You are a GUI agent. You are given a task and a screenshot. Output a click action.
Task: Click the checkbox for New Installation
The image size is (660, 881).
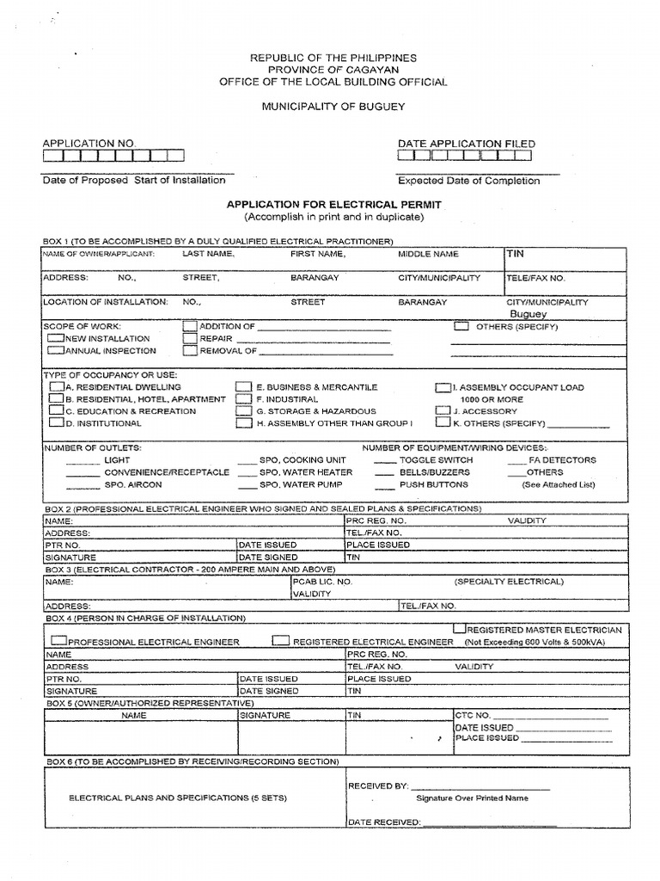click(x=56, y=338)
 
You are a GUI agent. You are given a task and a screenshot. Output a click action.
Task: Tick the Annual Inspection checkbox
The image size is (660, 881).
click(x=56, y=350)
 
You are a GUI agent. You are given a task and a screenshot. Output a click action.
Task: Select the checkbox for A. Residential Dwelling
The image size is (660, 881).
click(x=57, y=387)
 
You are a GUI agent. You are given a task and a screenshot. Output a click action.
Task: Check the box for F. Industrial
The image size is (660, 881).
click(x=244, y=399)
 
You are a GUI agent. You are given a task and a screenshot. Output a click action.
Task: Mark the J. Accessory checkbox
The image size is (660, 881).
click(x=443, y=411)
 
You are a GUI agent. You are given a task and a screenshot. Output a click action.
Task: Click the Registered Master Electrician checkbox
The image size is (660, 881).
click(x=460, y=629)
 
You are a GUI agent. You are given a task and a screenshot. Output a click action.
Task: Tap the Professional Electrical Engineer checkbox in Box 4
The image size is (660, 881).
click(x=58, y=641)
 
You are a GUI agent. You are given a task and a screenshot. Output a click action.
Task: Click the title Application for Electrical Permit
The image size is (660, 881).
click(x=333, y=205)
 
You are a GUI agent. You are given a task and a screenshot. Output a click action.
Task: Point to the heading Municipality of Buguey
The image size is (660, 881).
click(x=333, y=106)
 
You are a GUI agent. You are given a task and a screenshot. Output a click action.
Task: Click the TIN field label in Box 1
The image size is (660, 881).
click(x=516, y=255)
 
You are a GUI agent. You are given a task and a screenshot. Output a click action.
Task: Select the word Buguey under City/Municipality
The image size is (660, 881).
click(x=529, y=314)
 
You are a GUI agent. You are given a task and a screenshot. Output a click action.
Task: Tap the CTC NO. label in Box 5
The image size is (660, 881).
click(x=473, y=715)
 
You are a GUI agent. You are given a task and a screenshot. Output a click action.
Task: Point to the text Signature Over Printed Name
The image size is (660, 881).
click(x=472, y=798)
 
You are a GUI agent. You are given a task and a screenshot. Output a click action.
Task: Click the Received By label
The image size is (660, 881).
click(x=377, y=786)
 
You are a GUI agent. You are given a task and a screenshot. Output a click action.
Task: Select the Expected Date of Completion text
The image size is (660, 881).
click(x=468, y=181)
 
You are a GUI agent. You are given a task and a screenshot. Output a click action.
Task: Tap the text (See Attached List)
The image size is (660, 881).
click(x=558, y=484)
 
